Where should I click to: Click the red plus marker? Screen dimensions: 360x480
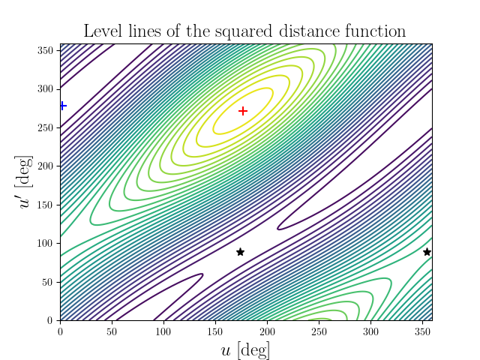coord(242,111)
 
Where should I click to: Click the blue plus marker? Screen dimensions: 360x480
coord(62,106)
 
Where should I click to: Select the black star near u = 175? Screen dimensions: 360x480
coord(240,252)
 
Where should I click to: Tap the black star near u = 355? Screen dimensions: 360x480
coord(427,252)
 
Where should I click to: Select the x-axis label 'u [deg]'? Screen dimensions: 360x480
coord(246,349)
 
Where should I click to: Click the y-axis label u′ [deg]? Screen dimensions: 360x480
coord(27,182)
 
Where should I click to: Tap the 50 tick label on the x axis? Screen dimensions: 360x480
coord(112,331)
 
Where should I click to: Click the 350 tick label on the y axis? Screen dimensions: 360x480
coord(46,50)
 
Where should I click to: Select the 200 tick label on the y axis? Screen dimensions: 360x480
coord(46,166)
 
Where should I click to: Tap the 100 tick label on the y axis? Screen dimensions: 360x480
coord(46,243)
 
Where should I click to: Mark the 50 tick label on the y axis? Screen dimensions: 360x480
coord(49,282)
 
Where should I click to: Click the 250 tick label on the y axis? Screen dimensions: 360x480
coord(46,127)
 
